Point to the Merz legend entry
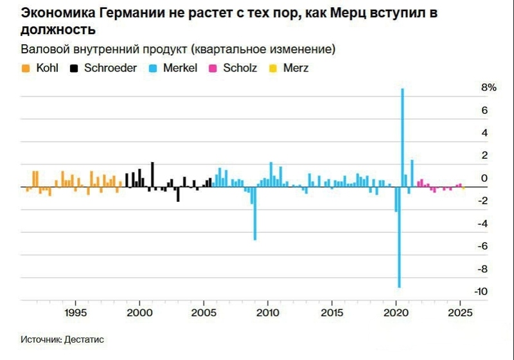[x=295, y=67]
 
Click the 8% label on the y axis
[x=489, y=88]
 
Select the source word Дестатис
[x=85, y=339]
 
